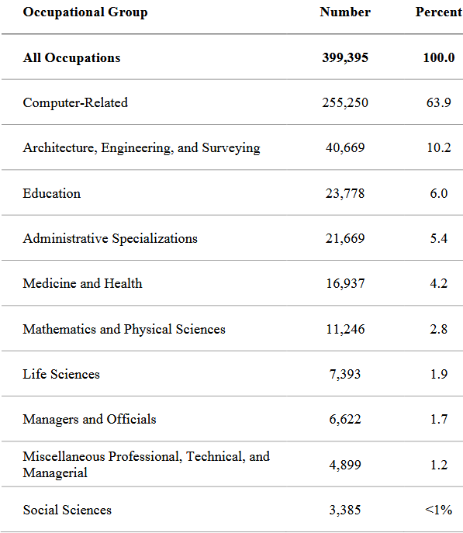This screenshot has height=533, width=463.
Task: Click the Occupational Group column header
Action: pyautogui.click(x=85, y=12)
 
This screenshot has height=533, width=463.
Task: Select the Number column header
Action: pyautogui.click(x=345, y=12)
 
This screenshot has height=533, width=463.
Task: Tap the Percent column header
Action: pyautogui.click(x=439, y=12)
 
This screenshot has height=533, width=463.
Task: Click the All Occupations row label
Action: pyautogui.click(x=71, y=58)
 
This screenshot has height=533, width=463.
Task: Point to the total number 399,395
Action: pyautogui.click(x=345, y=57)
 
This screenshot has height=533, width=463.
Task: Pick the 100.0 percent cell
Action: pyautogui.click(x=439, y=57)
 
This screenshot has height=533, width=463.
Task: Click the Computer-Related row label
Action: pyautogui.click(x=75, y=102)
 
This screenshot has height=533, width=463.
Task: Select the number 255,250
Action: pyautogui.click(x=345, y=102)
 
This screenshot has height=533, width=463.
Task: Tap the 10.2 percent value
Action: pyautogui.click(x=439, y=147)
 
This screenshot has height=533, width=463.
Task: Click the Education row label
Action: pyautogui.click(x=52, y=193)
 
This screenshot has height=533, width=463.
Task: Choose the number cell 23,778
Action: pyautogui.click(x=345, y=193)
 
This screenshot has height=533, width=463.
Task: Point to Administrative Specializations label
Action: pyautogui.click(x=110, y=239)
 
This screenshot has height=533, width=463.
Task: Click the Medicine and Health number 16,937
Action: pyautogui.click(x=345, y=283)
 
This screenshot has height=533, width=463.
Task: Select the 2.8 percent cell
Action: pyautogui.click(x=439, y=329)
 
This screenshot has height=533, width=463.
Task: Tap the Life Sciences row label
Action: pyautogui.click(x=61, y=374)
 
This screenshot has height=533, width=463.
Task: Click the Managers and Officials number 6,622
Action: pyautogui.click(x=345, y=419)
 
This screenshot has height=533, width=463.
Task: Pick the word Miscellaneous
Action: pyautogui.click(x=64, y=456)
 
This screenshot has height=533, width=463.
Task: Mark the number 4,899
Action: pyautogui.click(x=345, y=465)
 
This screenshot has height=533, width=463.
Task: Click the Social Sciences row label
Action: pyautogui.click(x=67, y=510)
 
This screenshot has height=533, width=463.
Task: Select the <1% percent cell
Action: pyautogui.click(x=438, y=510)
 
